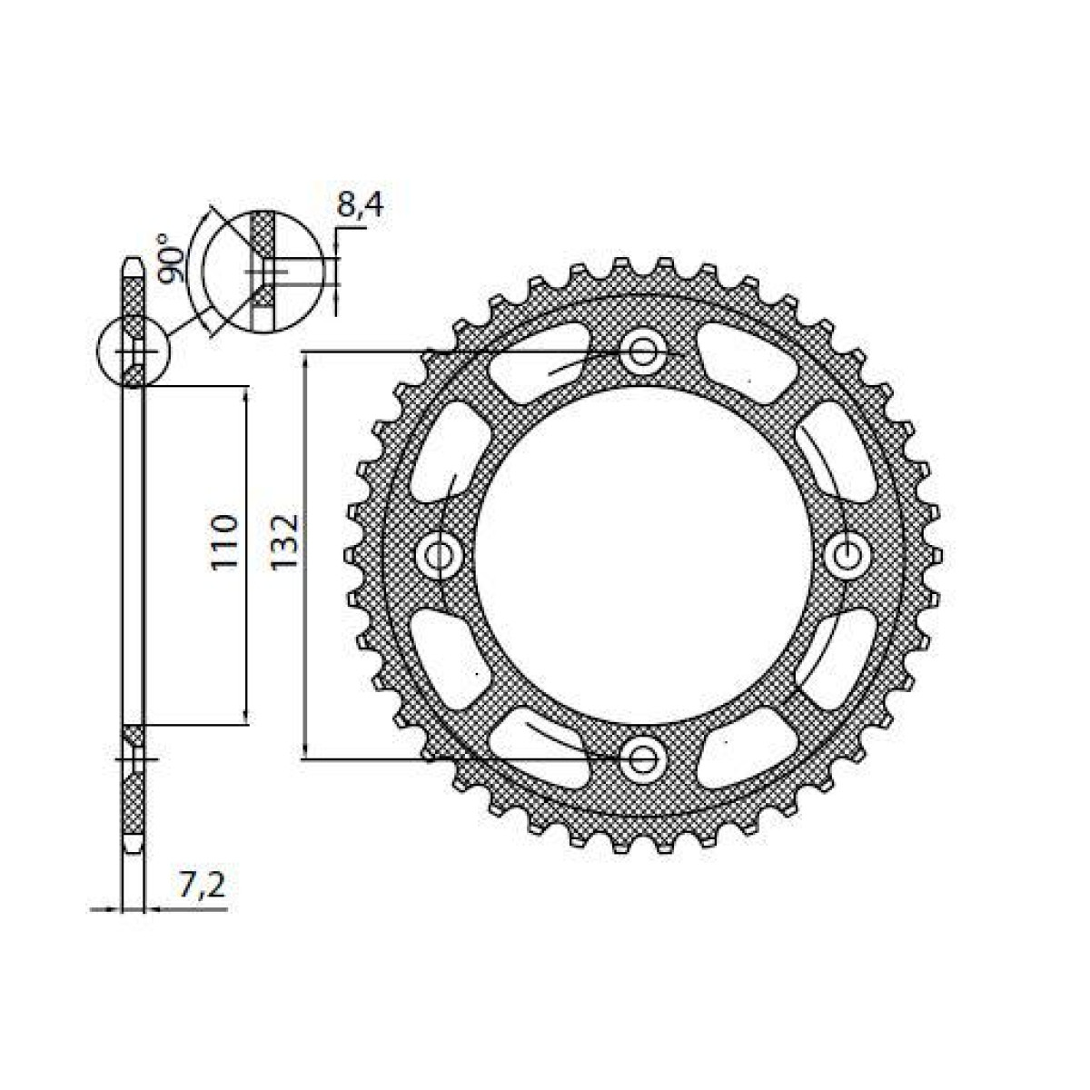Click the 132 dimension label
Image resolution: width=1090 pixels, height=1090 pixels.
pyautogui.click(x=284, y=543)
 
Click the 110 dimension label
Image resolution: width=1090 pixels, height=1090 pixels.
pyautogui.click(x=224, y=542)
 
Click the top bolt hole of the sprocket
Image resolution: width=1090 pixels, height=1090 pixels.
pyautogui.click(x=643, y=351)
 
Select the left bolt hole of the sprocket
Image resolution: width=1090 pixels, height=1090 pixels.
pyautogui.click(x=441, y=553)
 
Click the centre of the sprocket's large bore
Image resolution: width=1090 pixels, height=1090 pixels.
pyautogui.click(x=643, y=553)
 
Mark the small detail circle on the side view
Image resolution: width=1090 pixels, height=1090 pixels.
pyautogui.click(x=133, y=352)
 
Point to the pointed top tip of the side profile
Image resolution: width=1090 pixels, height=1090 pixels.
pyautogui.click(x=133, y=264)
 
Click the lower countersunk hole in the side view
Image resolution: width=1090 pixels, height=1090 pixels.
pyautogui.click(x=133, y=758)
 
